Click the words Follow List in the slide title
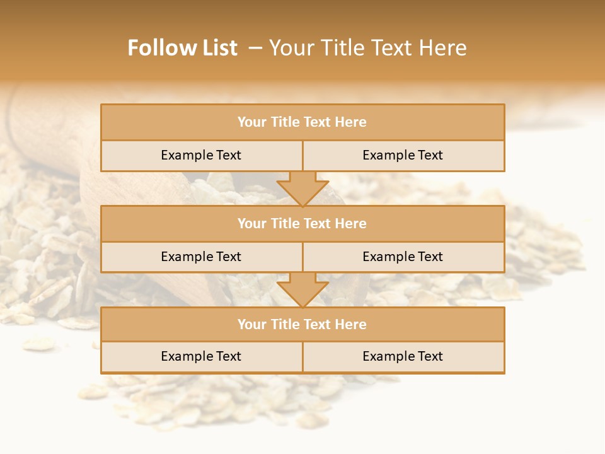tap(182, 48)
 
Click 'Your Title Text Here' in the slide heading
tap(367, 48)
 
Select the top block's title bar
tap(302, 122)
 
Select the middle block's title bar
tap(302, 224)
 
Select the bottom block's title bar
tap(302, 325)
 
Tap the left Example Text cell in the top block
tap(201, 156)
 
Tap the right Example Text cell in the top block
tap(403, 156)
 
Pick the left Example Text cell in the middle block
tap(201, 257)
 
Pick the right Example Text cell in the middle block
tap(403, 257)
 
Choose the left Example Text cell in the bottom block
tap(201, 357)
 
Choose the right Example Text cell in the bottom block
tap(403, 357)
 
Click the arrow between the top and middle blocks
tap(302, 189)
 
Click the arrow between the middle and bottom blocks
tap(302, 289)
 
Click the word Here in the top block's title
tap(350, 122)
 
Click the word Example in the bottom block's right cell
tap(385, 357)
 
